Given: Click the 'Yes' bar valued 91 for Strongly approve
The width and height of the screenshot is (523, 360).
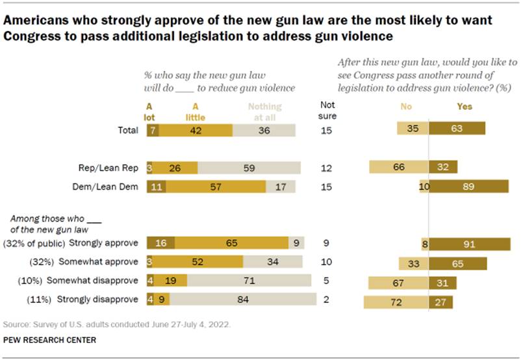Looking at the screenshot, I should coord(470,244).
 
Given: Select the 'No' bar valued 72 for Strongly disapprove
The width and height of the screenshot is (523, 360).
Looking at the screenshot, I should coord(396,302).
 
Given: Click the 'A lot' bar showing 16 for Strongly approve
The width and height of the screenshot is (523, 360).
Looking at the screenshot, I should coord(160,243).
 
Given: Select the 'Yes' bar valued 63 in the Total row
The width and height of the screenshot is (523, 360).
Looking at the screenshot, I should coord(457,130).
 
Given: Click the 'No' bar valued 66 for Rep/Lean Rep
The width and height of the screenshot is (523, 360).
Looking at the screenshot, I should coord(399,168).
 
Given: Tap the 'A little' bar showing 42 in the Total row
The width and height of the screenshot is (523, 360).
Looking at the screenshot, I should coord(195,130).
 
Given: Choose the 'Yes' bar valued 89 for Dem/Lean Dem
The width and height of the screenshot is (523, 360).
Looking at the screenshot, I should coord(468,187).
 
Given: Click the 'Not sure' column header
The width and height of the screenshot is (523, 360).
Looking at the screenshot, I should coord(330,111).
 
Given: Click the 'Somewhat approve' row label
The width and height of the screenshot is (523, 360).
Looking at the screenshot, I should coord(99,262).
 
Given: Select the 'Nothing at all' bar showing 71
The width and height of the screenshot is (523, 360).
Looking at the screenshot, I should coord(249,281).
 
